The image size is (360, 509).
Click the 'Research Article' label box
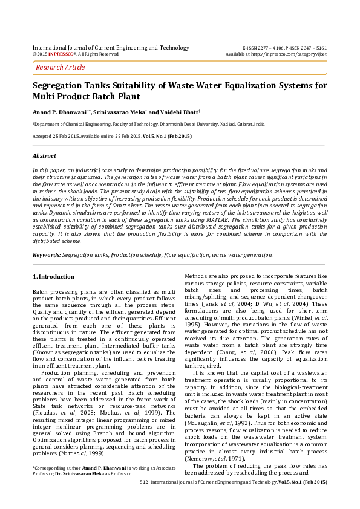click(61, 67)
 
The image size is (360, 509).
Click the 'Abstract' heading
click(44, 156)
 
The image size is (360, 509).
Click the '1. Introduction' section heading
click(53, 277)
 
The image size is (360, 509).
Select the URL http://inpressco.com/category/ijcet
click(292, 54)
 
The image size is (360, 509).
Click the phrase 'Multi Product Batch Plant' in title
click(86, 97)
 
